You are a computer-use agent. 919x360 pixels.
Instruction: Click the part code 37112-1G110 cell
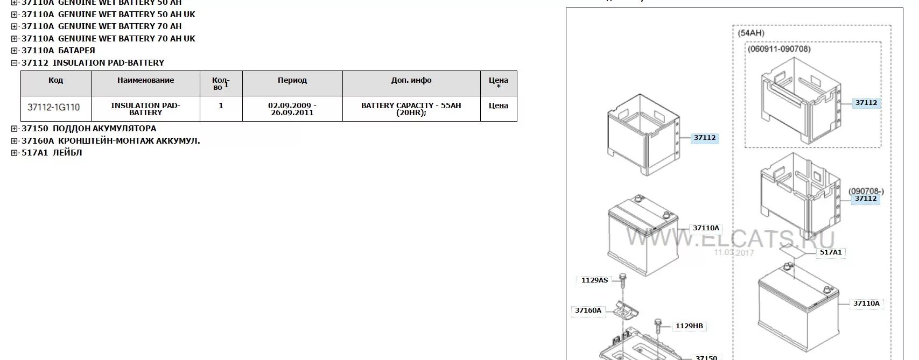pyautogui.click(x=54, y=108)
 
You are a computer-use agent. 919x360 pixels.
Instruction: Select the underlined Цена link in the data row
pyautogui.click(x=498, y=106)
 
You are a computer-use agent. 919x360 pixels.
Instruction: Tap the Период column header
pyautogui.click(x=292, y=81)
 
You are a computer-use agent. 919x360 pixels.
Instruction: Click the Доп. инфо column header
pyautogui.click(x=411, y=81)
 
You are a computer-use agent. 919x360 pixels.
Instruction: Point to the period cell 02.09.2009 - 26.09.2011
pyautogui.click(x=292, y=109)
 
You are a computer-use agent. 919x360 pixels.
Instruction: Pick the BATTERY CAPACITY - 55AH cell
pyautogui.click(x=411, y=109)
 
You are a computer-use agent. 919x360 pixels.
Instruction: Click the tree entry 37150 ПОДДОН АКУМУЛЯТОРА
pyautogui.click(x=89, y=129)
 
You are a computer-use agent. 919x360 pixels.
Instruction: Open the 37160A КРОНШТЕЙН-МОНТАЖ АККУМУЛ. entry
pyautogui.click(x=110, y=141)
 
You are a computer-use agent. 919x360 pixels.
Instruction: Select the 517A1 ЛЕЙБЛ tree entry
pyautogui.click(x=52, y=153)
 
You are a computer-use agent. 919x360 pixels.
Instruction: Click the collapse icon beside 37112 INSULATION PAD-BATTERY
pyautogui.click(x=15, y=63)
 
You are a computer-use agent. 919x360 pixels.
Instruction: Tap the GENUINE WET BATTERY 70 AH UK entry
pyautogui.click(x=127, y=39)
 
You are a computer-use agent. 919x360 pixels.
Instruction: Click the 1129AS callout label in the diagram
pyautogui.click(x=594, y=280)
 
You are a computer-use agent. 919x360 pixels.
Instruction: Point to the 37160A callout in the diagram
pyautogui.click(x=588, y=310)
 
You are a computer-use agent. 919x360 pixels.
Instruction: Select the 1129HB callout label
pyautogui.click(x=689, y=326)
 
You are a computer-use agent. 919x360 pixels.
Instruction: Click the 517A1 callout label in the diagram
pyautogui.click(x=831, y=252)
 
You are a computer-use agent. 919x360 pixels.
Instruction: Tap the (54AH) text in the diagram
pyautogui.click(x=751, y=33)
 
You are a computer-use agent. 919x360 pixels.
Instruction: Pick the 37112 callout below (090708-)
pyautogui.click(x=866, y=199)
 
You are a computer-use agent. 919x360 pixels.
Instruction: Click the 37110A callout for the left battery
pyautogui.click(x=706, y=228)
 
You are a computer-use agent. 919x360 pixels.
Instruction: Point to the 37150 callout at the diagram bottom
pyautogui.click(x=706, y=357)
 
